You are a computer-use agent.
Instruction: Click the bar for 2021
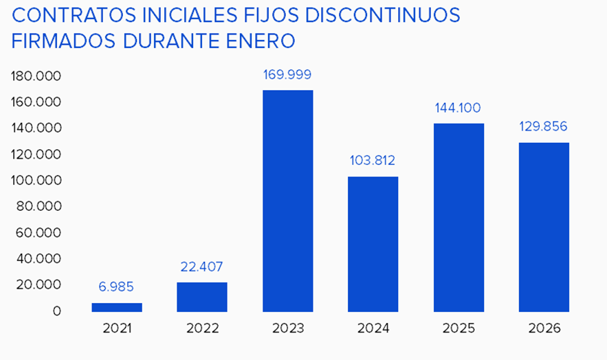(x=117, y=307)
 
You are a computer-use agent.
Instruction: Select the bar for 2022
(x=202, y=297)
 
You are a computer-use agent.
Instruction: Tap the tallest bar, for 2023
(x=287, y=201)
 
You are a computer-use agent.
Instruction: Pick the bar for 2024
(x=373, y=244)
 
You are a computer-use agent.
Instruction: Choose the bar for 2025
(x=458, y=217)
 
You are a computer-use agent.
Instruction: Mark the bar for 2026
(x=543, y=227)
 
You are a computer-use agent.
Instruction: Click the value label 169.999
(x=287, y=74)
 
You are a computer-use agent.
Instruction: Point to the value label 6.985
(x=117, y=286)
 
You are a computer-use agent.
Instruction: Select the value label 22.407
(x=202, y=267)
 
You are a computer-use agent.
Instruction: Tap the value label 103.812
(x=373, y=161)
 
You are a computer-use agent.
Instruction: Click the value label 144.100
(x=458, y=108)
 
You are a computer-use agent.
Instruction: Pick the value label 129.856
(x=543, y=126)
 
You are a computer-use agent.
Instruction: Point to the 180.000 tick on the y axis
(x=36, y=76)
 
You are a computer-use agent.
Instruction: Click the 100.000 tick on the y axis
(x=36, y=180)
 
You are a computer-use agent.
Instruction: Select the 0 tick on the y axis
(x=56, y=311)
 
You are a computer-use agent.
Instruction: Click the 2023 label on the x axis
(x=287, y=328)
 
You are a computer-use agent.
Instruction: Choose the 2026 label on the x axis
(x=543, y=328)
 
